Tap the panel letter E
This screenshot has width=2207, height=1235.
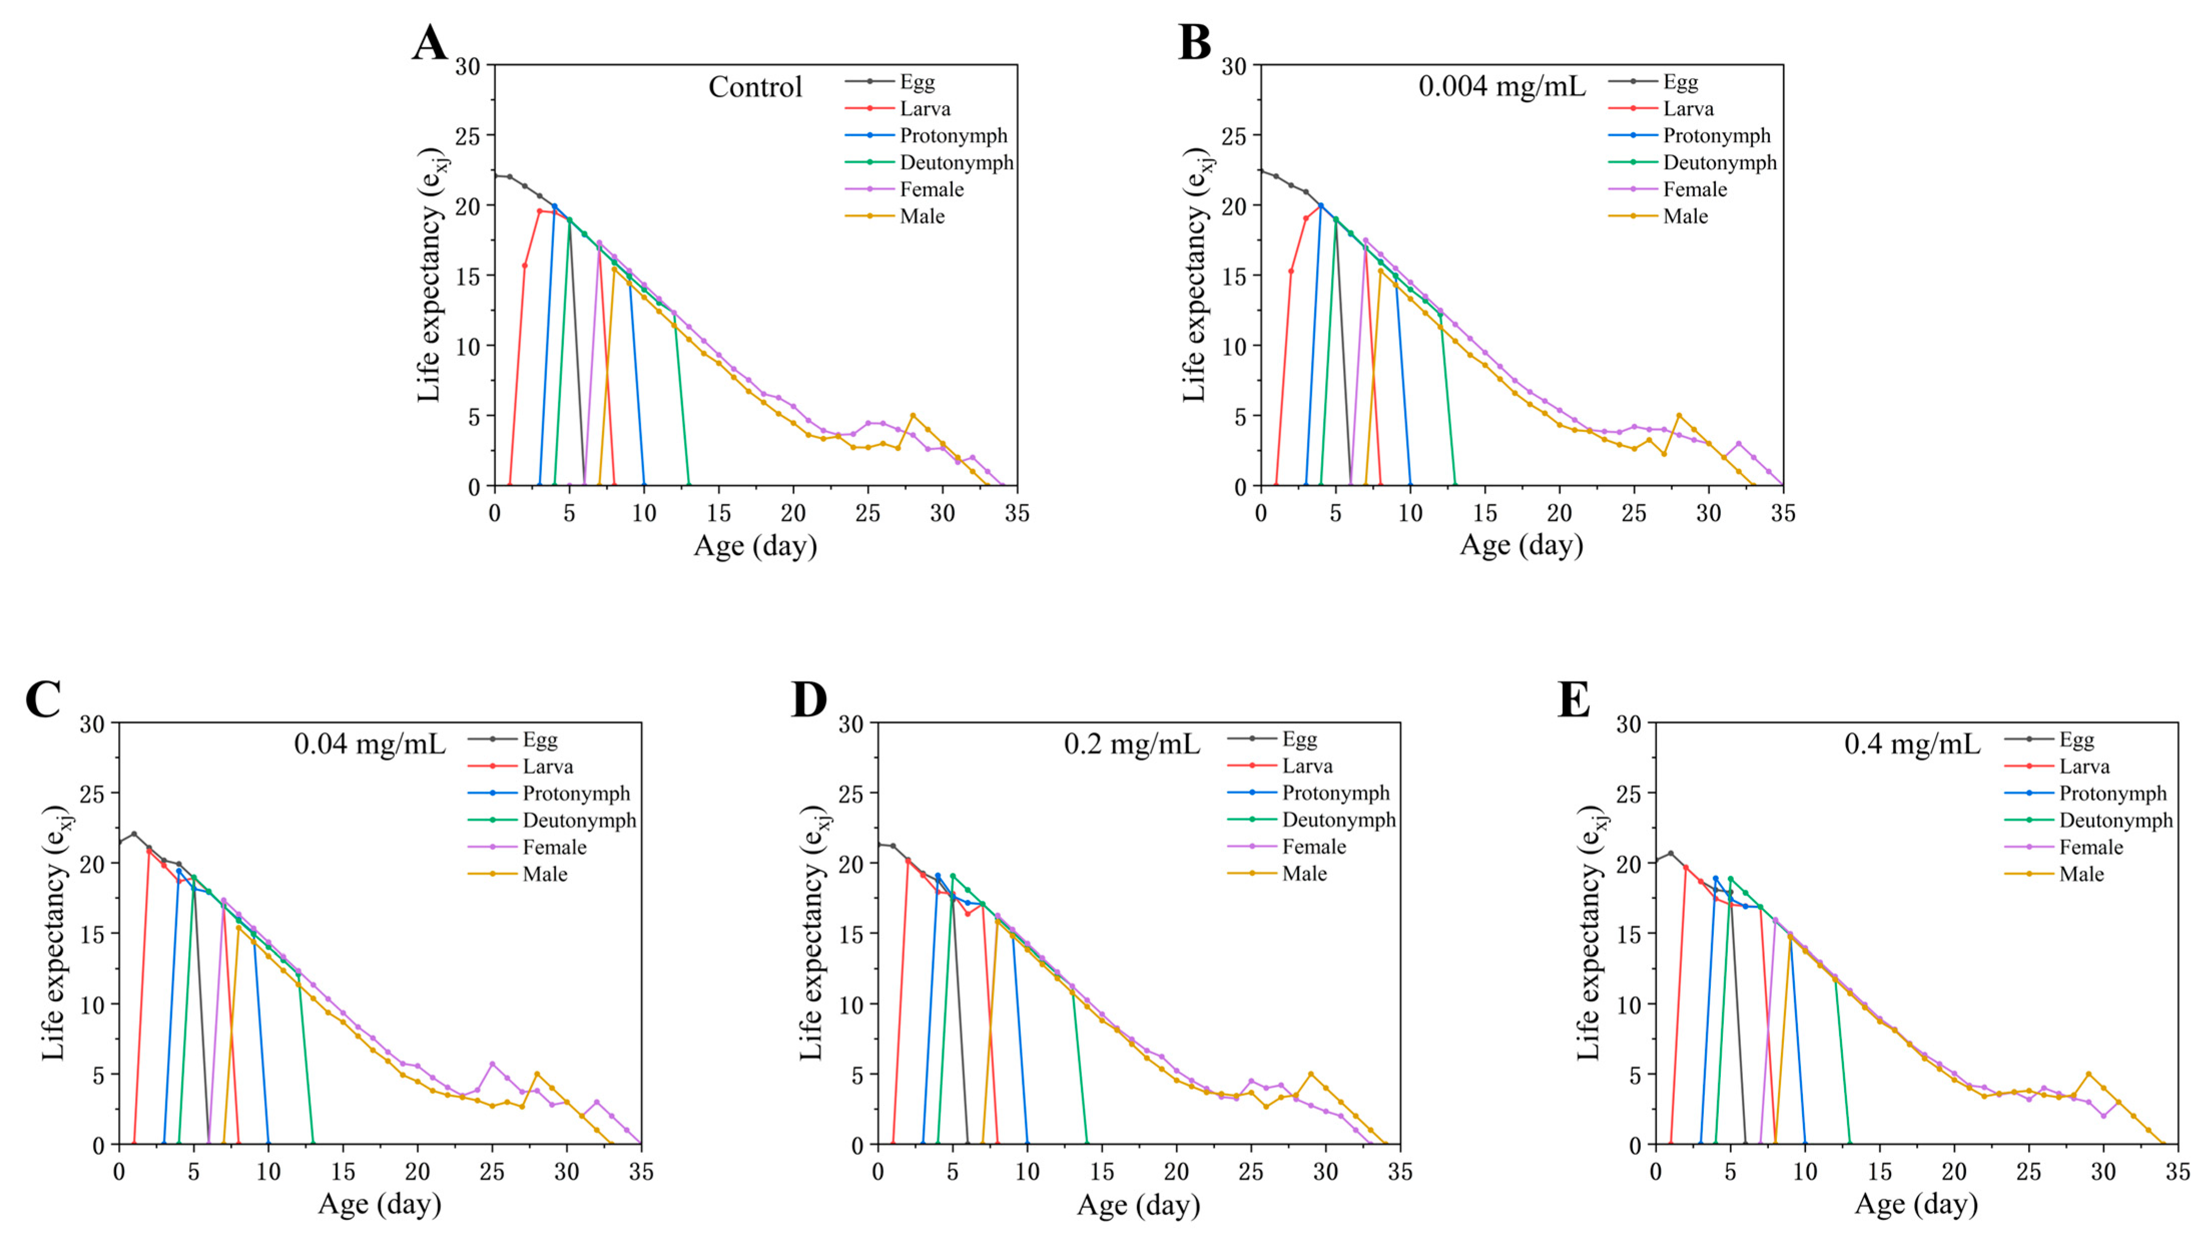[1573, 700]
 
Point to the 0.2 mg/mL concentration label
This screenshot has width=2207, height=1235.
[1132, 744]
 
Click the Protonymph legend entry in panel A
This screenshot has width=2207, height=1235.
[953, 135]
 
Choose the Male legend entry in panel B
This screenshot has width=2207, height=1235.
[1685, 216]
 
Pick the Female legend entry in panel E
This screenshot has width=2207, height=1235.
[2090, 847]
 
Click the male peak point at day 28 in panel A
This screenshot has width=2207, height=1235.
[912, 416]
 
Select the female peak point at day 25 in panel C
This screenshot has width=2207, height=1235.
[492, 1064]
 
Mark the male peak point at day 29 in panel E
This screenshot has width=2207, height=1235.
[2088, 1074]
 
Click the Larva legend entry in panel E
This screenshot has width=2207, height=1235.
[2084, 766]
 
